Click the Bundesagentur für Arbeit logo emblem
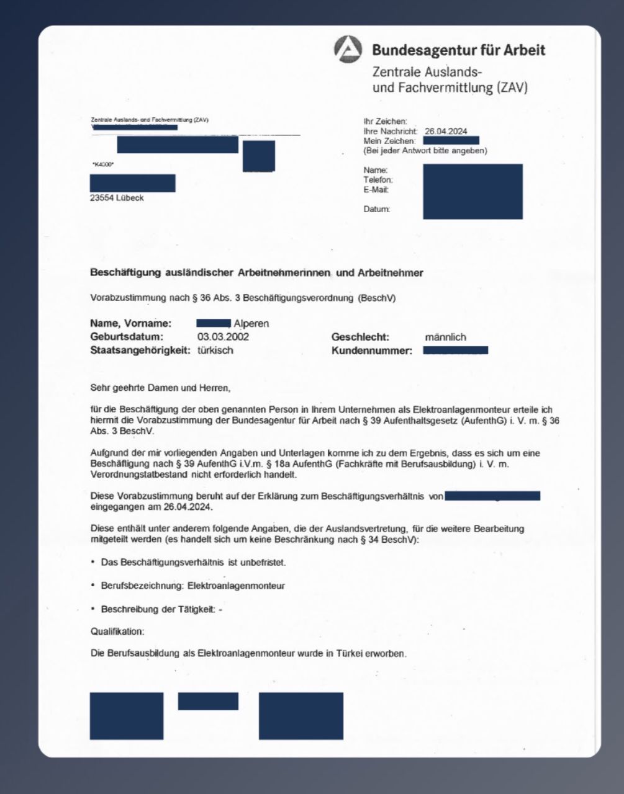(x=348, y=50)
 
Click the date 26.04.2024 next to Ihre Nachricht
(x=446, y=132)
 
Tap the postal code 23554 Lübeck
(x=117, y=198)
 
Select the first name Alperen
(x=251, y=324)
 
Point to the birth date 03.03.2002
(x=223, y=337)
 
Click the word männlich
(x=445, y=337)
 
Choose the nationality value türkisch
(x=215, y=350)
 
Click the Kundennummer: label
(x=371, y=351)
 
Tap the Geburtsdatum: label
(x=127, y=337)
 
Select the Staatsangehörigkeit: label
(x=140, y=350)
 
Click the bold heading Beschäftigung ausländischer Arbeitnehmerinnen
(x=256, y=272)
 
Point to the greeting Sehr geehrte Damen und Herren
(x=160, y=388)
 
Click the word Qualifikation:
(x=117, y=631)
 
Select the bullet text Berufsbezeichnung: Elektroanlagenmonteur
(x=192, y=586)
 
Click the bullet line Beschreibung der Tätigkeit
(x=161, y=609)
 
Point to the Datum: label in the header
(x=377, y=209)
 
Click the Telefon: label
(x=378, y=180)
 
